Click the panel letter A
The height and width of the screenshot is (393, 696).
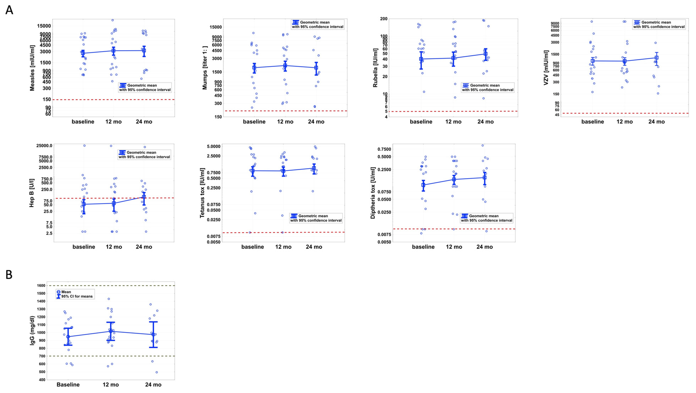(x=9, y=10)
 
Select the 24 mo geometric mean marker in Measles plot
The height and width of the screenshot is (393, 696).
(x=144, y=51)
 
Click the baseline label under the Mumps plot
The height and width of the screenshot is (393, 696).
(x=254, y=122)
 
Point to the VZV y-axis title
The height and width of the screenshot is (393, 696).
(x=546, y=68)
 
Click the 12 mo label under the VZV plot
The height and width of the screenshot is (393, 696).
(x=624, y=122)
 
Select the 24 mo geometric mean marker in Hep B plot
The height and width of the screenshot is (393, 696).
(x=144, y=197)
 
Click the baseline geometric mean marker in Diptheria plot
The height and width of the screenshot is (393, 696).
(x=423, y=185)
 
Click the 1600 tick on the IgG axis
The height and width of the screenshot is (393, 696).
(x=41, y=286)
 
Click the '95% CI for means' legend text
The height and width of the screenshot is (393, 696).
(x=77, y=296)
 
